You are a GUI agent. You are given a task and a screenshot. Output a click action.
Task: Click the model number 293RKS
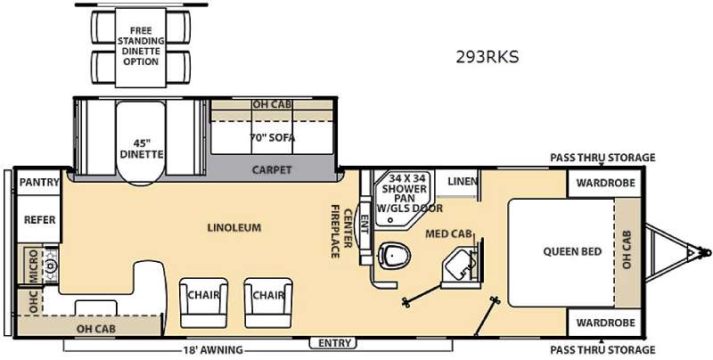[488, 57]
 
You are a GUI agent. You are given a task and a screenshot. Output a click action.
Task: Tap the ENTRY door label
[335, 343]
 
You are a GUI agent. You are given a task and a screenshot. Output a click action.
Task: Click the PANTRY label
[39, 183]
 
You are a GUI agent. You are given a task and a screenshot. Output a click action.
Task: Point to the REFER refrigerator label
[40, 220]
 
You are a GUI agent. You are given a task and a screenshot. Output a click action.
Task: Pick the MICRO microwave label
[34, 266]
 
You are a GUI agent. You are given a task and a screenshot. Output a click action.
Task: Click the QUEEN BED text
[572, 251]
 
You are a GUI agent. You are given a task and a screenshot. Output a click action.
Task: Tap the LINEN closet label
[463, 182]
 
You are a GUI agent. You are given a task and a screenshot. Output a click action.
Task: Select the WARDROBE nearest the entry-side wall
[605, 323]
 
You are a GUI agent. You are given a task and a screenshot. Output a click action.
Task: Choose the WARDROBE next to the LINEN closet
[605, 183]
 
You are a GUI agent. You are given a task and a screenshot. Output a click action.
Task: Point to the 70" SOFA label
[273, 137]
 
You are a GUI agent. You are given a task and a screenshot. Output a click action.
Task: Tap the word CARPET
[272, 170]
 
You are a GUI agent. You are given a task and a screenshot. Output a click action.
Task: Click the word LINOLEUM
[234, 227]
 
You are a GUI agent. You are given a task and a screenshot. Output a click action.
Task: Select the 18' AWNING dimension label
[212, 350]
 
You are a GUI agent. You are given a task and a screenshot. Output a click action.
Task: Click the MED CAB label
[448, 233]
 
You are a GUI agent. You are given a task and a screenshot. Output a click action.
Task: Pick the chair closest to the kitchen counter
[204, 303]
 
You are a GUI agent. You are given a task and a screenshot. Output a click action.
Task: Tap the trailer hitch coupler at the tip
[704, 251]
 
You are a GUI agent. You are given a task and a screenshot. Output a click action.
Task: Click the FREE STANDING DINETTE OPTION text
[141, 46]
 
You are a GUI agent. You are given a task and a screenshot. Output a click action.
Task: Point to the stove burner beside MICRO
[51, 265]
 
